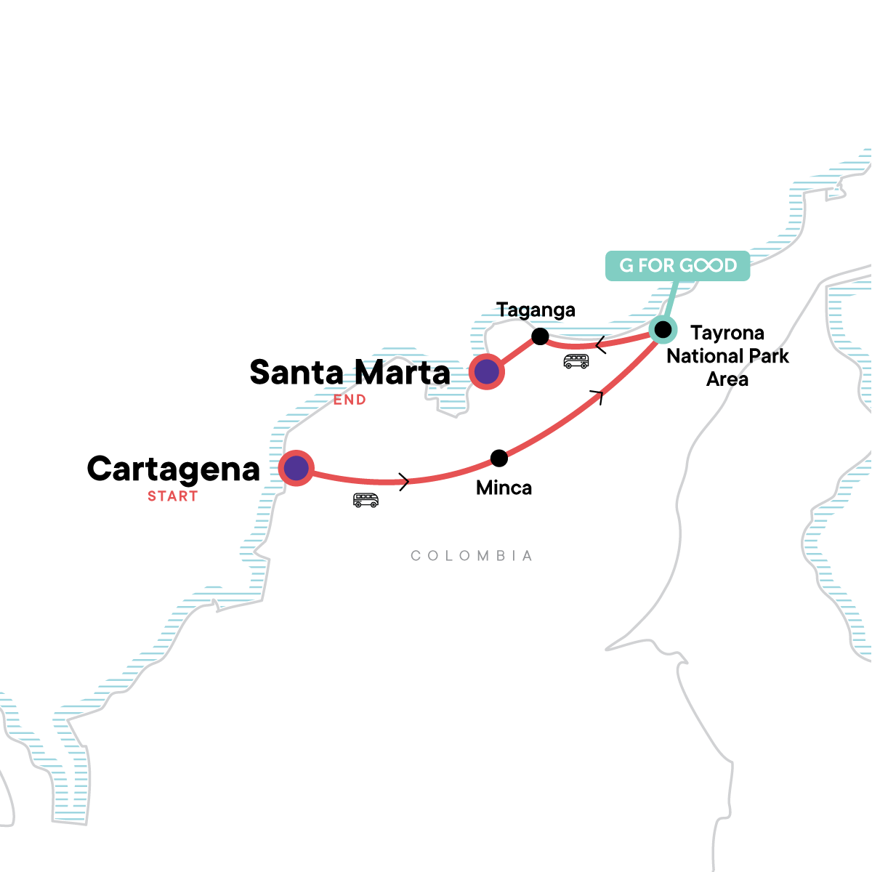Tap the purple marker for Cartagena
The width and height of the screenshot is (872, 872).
pos(296,468)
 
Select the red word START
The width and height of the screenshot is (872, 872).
pos(173,496)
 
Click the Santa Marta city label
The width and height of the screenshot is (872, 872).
pos(350,373)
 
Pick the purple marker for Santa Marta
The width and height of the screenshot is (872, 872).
pos(486,371)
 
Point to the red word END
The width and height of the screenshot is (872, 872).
pos(350,400)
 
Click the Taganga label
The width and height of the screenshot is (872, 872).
pos(536,311)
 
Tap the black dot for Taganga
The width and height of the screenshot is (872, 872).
pos(540,336)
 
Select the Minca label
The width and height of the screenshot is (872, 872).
pos(504,488)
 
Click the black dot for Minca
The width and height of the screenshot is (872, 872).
pos(499,459)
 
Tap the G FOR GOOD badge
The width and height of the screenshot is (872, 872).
pos(677,266)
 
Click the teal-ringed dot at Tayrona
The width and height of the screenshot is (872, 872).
pos(663,329)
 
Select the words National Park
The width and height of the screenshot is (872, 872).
pos(727,357)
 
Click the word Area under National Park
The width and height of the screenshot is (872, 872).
pos(727,379)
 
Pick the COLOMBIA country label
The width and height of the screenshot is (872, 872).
pos(472,556)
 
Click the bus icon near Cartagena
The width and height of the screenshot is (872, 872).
pos(366,500)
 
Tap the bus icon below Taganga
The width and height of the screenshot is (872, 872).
pos(576,361)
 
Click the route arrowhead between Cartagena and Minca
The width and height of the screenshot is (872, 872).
pos(403,482)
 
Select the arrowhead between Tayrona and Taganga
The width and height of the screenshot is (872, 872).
pos(600,345)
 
